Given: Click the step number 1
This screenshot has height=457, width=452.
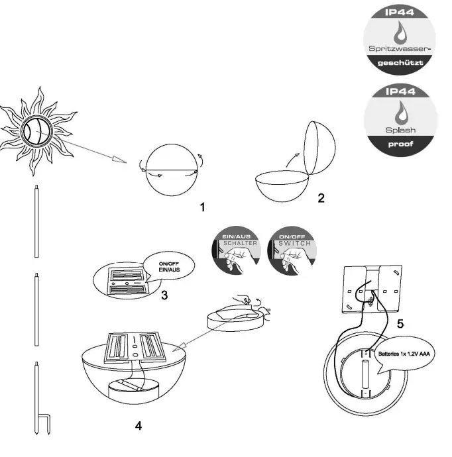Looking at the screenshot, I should pos(203,207).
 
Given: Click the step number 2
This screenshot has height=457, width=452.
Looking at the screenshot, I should pos(321,197).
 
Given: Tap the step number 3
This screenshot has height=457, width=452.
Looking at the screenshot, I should pos(164,294).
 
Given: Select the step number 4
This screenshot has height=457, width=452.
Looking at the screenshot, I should pos(138,425).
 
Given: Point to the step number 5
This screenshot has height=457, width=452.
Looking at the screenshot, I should pos(399,324).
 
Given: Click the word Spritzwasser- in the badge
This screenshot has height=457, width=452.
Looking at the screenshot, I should pos(402,50).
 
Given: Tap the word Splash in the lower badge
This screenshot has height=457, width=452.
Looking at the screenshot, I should pos(401,130).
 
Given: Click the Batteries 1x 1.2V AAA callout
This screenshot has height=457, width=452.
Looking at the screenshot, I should pos(402,354).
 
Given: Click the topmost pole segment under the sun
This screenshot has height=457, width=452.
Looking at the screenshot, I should pos(34,222).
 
